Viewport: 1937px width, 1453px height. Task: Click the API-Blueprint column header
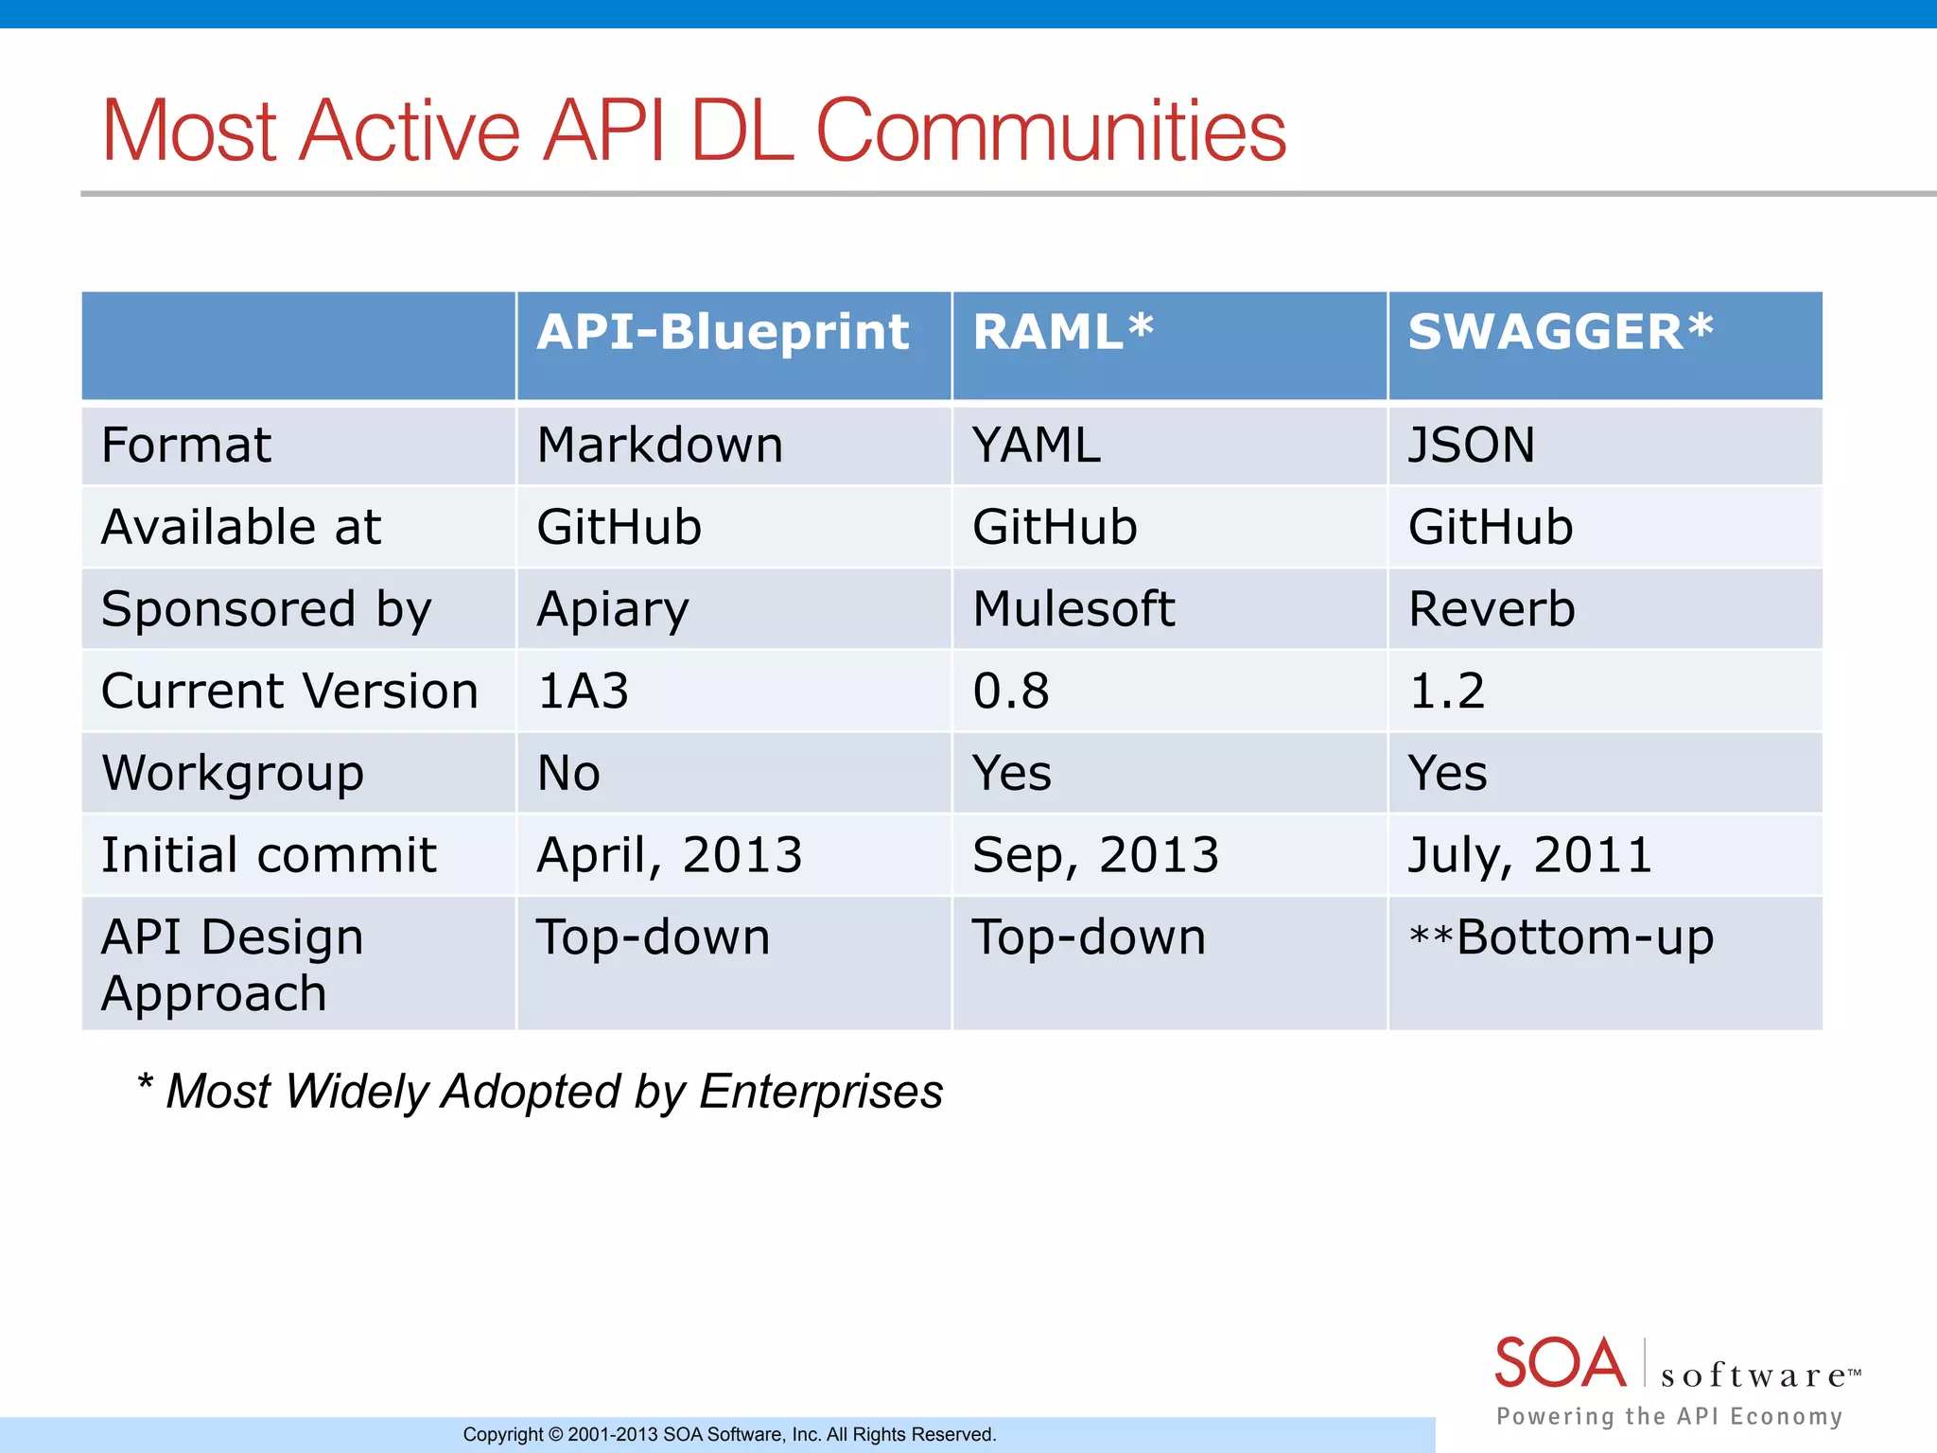[x=723, y=333]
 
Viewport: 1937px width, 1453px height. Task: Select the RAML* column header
[x=1063, y=333]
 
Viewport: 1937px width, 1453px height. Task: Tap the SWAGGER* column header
[x=1561, y=333]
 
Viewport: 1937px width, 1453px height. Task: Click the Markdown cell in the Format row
[x=660, y=446]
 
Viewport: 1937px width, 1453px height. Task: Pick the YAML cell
[x=1037, y=446]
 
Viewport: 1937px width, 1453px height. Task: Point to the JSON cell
[x=1472, y=446]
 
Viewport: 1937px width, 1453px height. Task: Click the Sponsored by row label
[x=267, y=609]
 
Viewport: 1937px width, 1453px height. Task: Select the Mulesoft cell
[x=1073, y=609]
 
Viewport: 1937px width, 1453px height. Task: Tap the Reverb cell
[x=1492, y=609]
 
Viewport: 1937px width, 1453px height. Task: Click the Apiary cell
[x=613, y=609]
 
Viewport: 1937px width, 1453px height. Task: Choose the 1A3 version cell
[x=583, y=691]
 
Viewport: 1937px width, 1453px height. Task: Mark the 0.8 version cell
[x=1011, y=691]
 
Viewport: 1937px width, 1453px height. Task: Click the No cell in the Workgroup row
[x=568, y=773]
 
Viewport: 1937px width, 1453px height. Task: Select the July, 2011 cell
[x=1529, y=855]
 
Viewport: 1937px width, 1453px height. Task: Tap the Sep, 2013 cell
[x=1095, y=855]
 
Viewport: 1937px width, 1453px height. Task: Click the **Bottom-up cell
[x=1561, y=937]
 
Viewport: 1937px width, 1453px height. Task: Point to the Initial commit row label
[x=269, y=855]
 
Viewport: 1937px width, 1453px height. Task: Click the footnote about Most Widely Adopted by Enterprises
[x=540, y=1092]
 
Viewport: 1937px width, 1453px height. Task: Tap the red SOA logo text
[x=1560, y=1363]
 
